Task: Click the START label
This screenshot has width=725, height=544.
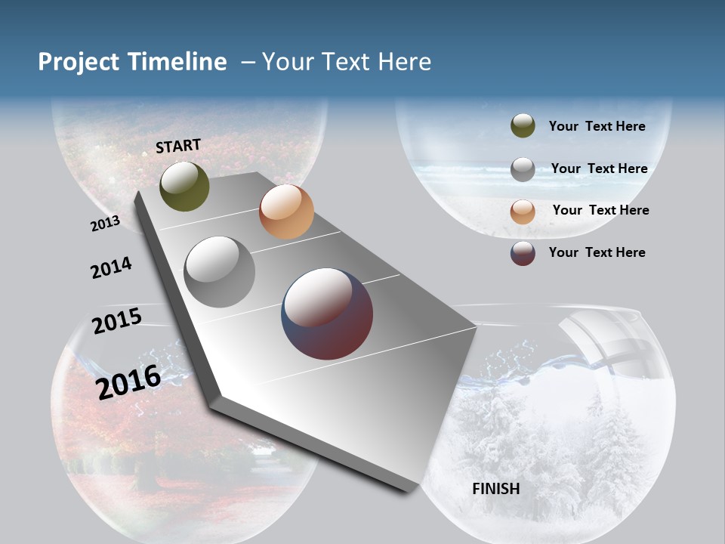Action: pos(178,146)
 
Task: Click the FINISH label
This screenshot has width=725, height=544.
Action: pos(495,489)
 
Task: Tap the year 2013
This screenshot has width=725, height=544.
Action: pos(105,223)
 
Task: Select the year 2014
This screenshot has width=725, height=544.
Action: pos(111,267)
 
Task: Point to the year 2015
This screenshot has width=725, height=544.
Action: pos(116,320)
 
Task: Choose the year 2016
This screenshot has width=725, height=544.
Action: pos(128,382)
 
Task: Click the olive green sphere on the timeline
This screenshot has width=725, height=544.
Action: pos(184,187)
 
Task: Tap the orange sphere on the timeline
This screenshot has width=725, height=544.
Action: pos(286,212)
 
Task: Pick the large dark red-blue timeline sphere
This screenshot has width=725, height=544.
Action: pos(327,314)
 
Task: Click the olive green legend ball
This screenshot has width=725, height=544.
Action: pos(523,126)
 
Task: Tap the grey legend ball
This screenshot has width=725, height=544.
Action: pos(523,169)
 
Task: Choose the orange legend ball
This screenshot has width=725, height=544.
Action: pos(523,212)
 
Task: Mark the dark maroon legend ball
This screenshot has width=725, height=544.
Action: pos(523,253)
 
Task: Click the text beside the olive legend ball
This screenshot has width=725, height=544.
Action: pos(597,127)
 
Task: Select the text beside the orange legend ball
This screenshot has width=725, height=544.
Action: pos(600,210)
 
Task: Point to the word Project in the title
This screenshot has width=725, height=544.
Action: pos(79,62)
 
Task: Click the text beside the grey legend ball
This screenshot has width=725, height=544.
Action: pos(599,168)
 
